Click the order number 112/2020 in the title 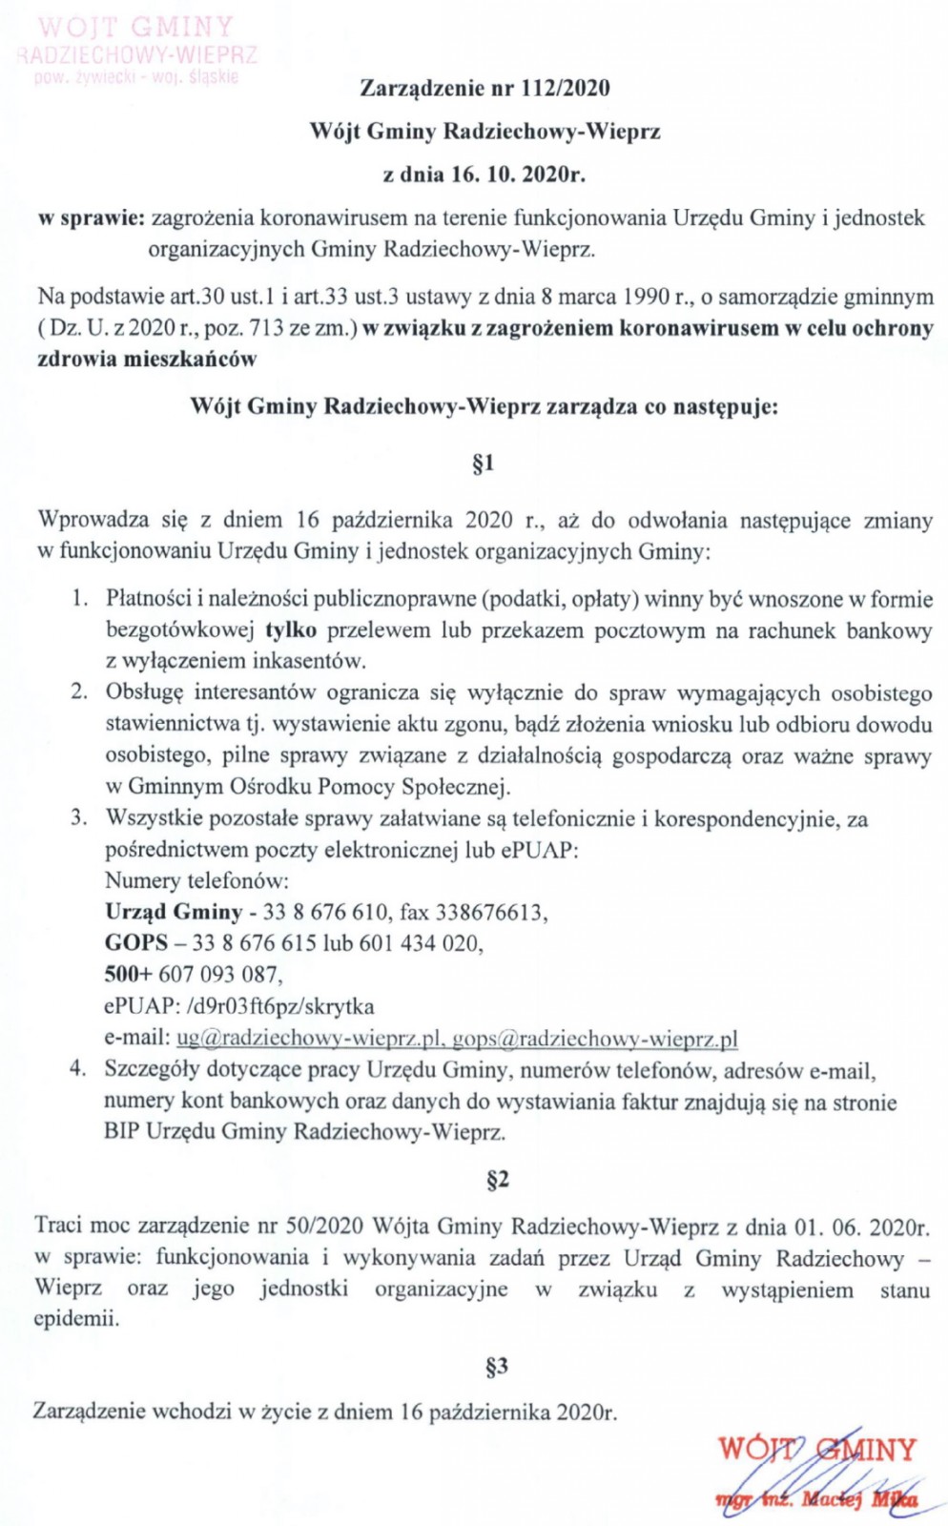[565, 89]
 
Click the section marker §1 [484, 464]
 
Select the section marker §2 [497, 1180]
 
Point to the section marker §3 [496, 1367]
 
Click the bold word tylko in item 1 [291, 630]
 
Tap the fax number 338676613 [489, 913]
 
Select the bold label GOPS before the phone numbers [136, 943]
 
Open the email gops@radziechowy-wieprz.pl [595, 1038]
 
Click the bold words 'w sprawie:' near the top [91, 218]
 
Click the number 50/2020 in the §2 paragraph [330, 1226]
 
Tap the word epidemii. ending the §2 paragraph [76, 1319]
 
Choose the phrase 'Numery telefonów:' [196, 880]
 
